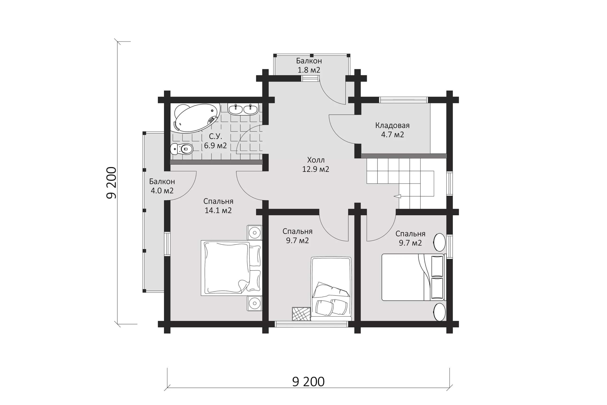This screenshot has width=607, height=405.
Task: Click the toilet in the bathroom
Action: pyautogui.click(x=182, y=149)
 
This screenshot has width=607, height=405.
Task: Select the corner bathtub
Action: pyautogui.click(x=196, y=118)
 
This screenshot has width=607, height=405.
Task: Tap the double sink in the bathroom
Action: pyautogui.click(x=243, y=109)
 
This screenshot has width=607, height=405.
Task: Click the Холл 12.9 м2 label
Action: pyautogui.click(x=316, y=164)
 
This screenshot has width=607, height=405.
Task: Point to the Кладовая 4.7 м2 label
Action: pyautogui.click(x=392, y=130)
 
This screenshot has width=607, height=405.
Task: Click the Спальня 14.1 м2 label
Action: pyautogui.click(x=218, y=206)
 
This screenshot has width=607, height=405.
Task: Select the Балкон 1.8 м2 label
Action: pyautogui.click(x=309, y=65)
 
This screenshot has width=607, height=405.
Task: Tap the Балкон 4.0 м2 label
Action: pyautogui.click(x=162, y=186)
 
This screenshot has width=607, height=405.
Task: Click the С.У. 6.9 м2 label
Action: pyautogui.click(x=215, y=141)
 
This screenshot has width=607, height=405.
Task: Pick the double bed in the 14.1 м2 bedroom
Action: pyautogui.click(x=231, y=268)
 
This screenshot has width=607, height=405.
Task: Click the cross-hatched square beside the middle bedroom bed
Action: pyautogui.click(x=301, y=314)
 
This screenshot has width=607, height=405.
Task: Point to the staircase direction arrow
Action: pyautogui.click(x=397, y=196)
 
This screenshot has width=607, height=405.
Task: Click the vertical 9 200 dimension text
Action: pyautogui.click(x=111, y=183)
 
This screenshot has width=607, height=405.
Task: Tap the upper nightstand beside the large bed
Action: pyautogui.click(x=255, y=233)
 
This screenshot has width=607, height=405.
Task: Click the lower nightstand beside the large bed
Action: pyautogui.click(x=255, y=303)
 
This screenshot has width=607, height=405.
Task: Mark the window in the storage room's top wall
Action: pyautogui.click(x=403, y=100)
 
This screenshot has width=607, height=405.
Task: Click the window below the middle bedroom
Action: pyautogui.click(x=312, y=324)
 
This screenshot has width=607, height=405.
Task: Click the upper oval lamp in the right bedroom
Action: pyautogui.click(x=439, y=242)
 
